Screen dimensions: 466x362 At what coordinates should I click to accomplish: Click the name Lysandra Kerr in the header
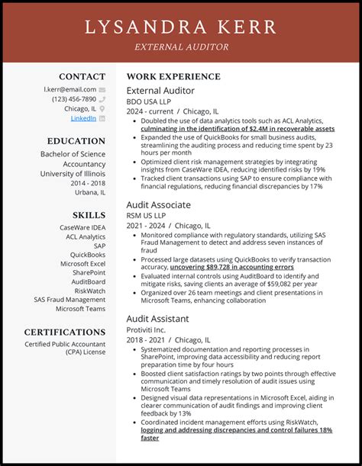181,27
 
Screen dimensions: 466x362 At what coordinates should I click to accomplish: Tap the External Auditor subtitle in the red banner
181,47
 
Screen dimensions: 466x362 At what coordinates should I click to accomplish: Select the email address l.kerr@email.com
69,89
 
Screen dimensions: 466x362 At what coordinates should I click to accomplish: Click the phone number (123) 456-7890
74,99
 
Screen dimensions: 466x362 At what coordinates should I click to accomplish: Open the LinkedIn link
83,118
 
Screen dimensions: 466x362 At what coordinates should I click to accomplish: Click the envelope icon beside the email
102,89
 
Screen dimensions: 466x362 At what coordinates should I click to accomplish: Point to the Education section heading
76,141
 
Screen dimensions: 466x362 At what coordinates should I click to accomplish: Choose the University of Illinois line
73,174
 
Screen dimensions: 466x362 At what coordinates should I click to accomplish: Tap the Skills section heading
89,215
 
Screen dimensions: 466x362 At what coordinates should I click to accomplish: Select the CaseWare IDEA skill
82,227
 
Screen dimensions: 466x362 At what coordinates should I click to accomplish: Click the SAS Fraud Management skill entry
69,300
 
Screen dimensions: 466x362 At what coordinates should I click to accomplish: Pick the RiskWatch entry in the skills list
90,291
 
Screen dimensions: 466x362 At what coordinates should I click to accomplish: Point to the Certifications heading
65,333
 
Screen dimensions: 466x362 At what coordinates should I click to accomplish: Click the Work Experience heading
173,77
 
